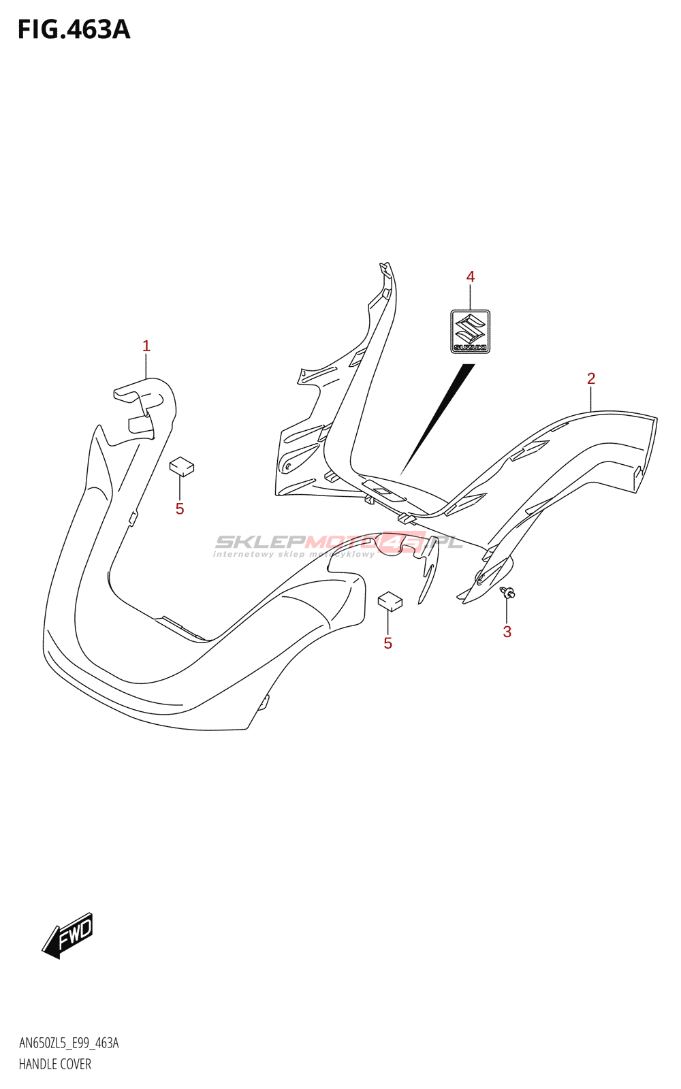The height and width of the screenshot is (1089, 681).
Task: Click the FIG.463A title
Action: coord(74,30)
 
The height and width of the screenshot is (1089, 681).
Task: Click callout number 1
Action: coord(146,346)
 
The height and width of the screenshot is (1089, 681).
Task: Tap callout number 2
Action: coord(591,378)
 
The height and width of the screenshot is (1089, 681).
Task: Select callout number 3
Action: coord(507,632)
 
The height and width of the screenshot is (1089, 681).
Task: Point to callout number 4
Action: coord(470,276)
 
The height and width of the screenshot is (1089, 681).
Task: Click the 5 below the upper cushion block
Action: coord(180,509)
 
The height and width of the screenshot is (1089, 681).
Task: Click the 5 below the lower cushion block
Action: coord(387,643)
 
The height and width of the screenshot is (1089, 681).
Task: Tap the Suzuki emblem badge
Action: coord(470,331)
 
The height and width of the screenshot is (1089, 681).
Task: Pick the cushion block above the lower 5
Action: coord(390,600)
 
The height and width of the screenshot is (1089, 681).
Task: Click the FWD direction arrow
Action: coord(67,935)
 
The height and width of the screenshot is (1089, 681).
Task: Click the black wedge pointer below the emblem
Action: coord(437,419)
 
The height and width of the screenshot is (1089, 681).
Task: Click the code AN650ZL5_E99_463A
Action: coord(69,1043)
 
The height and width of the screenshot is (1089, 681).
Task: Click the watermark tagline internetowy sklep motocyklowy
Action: coord(294,554)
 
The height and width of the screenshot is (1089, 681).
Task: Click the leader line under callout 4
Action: coord(470,297)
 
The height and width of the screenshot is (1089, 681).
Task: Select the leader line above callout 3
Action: coord(507,611)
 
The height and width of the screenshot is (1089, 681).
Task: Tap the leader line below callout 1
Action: coord(146,366)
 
